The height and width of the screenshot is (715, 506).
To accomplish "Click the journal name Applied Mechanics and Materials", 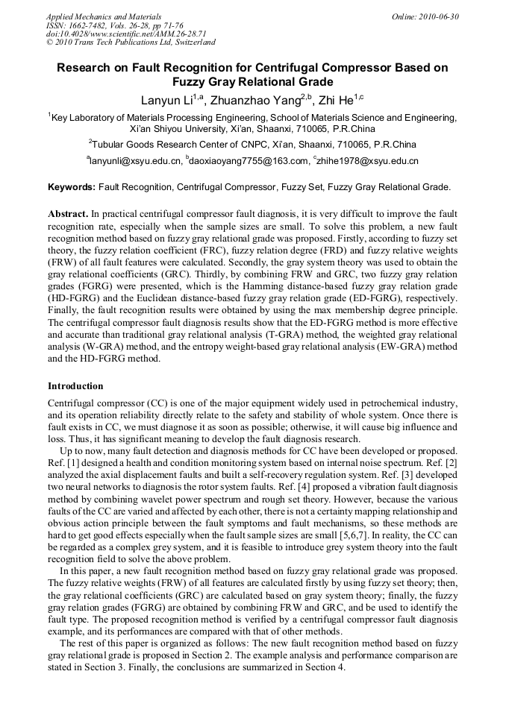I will (x=103, y=16).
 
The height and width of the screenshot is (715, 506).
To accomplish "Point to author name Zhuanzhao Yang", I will (x=246, y=100).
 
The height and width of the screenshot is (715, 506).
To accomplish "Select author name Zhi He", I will (x=331, y=100).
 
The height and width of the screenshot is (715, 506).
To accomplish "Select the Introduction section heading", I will (x=75, y=386).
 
